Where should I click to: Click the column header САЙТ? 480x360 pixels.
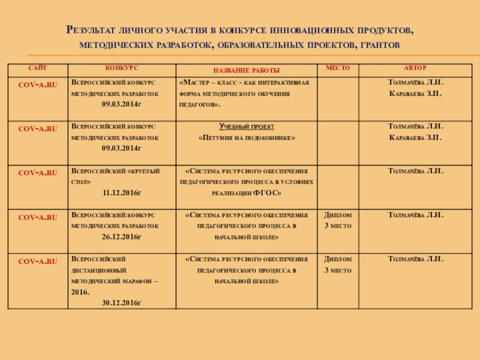37,69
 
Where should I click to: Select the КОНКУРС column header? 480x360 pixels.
122,69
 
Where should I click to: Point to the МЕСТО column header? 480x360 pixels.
338,69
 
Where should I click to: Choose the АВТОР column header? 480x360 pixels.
416,69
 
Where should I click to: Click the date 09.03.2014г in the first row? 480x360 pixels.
122,104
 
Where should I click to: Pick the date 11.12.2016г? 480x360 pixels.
122,193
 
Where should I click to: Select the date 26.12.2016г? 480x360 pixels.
122,237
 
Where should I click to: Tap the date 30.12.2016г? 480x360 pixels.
122,303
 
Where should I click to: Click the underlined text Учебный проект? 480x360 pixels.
246,127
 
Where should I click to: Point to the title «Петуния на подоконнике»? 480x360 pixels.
246,138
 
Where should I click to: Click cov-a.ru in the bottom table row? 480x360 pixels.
38,262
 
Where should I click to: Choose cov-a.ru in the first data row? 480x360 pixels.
38,85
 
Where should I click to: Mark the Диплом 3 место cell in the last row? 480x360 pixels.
338,265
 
